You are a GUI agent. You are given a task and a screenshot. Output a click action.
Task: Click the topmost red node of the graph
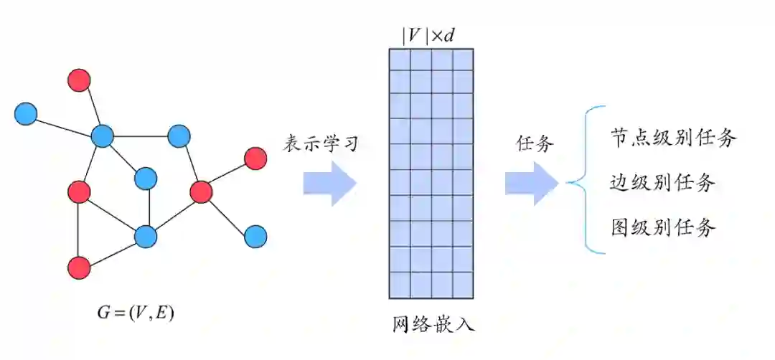click(x=79, y=80)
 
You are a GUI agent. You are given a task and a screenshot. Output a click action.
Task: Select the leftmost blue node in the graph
click(x=26, y=113)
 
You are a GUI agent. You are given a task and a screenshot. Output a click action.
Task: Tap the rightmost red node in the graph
click(x=255, y=158)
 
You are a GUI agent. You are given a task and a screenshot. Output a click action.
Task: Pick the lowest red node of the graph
click(x=79, y=267)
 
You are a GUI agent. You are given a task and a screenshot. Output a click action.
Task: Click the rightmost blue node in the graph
click(x=255, y=235)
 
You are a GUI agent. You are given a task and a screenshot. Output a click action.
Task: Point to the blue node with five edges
click(x=103, y=135)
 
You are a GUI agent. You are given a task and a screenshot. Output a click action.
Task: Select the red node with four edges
click(x=202, y=191)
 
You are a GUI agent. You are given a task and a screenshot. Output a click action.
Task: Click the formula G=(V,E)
click(x=135, y=313)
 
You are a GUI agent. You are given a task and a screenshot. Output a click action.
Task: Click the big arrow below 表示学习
click(x=329, y=184)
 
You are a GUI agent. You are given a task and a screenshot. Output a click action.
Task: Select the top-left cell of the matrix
click(x=400, y=60)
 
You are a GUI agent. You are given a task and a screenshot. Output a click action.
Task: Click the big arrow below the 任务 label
click(x=531, y=184)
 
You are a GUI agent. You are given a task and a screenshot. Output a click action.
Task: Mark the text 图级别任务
click(x=662, y=227)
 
